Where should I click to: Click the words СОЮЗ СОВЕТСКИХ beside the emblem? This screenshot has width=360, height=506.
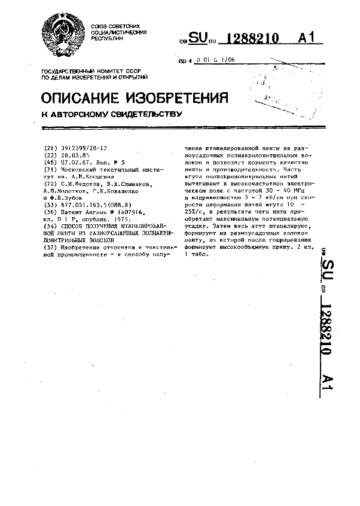pos(115,27)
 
